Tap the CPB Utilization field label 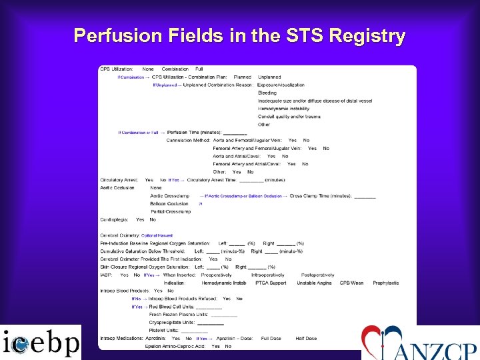click(x=116, y=69)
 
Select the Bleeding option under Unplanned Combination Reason click(x=267, y=93)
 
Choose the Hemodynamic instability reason click(x=283, y=108)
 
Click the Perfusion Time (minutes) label click(x=195, y=133)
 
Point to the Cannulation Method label click(x=188, y=140)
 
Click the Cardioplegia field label click(x=114, y=219)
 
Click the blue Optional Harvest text click(x=157, y=235)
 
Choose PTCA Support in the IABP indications click(x=270, y=283)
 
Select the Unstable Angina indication click(x=315, y=283)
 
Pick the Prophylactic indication click(x=385, y=283)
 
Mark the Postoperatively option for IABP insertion click(x=317, y=275)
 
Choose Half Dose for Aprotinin click(x=306, y=338)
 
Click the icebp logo click(x=40, y=343)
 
